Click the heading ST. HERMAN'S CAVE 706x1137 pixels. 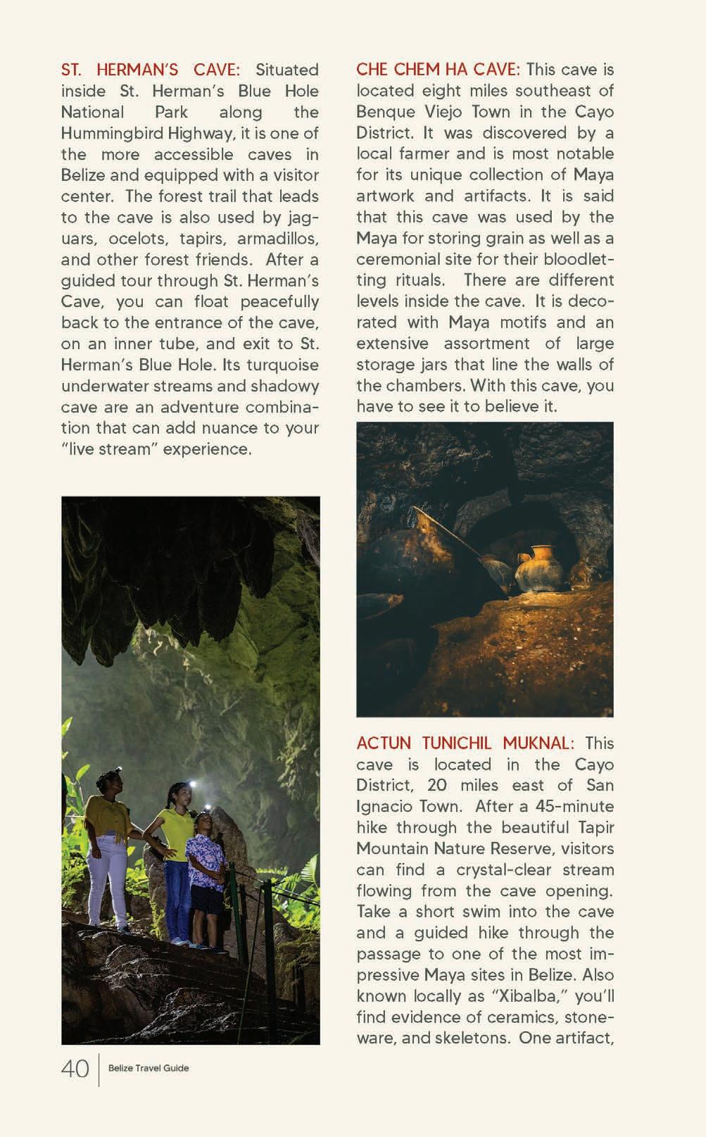(x=150, y=70)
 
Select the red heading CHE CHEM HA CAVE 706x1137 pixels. (x=438, y=70)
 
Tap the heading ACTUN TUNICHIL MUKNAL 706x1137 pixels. (x=465, y=743)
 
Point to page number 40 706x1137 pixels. (x=75, y=1069)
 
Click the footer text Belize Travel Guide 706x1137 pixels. (x=149, y=1068)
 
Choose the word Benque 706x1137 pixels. (x=386, y=112)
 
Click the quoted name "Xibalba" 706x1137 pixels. (x=511, y=996)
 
